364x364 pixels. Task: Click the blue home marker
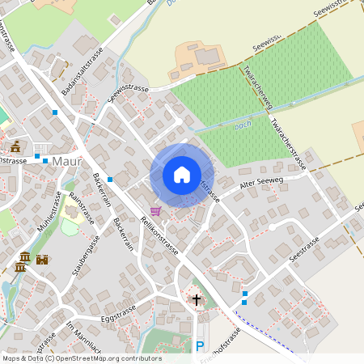coord(182,175)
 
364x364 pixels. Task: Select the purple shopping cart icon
coord(154,210)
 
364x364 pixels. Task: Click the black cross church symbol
coord(196,300)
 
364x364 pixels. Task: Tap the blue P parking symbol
coord(200,346)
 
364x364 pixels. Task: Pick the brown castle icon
coord(42,259)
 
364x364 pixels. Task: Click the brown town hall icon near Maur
coord(15,146)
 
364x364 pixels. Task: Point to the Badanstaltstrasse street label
coord(78,64)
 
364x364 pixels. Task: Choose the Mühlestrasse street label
coord(49,211)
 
